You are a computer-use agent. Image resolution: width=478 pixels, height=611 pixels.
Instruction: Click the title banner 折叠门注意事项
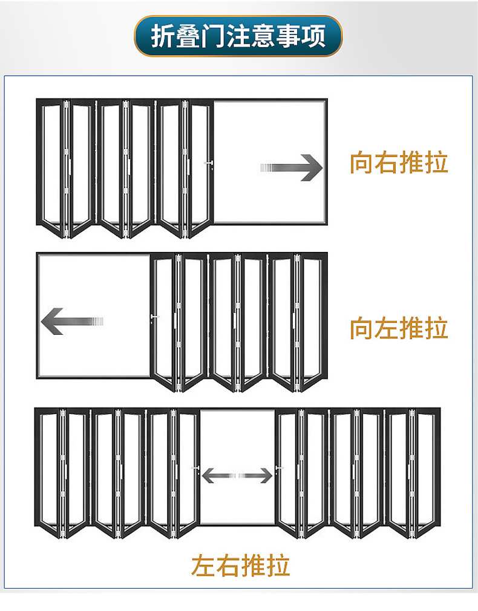point(238,36)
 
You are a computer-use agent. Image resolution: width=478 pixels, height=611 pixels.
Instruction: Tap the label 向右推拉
point(399,163)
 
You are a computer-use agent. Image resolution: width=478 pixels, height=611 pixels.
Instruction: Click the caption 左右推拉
point(240,565)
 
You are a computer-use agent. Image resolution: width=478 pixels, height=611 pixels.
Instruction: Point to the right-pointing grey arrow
point(292,168)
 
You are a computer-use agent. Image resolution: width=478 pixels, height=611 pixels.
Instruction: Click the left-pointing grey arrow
point(71,321)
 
